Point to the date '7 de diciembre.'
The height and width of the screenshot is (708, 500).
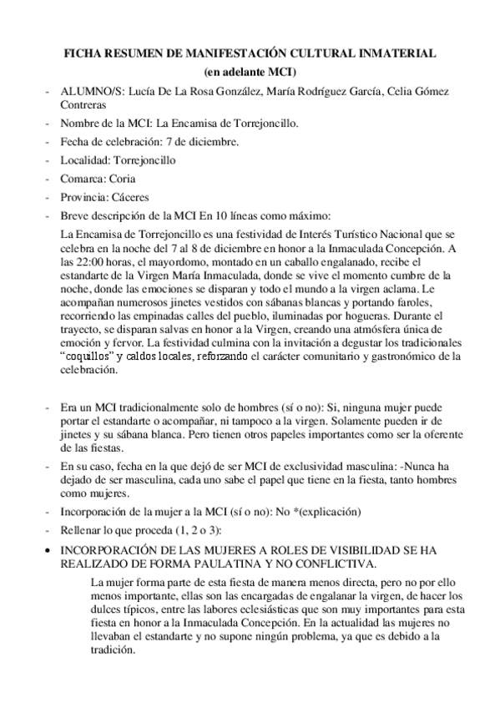pos(196,141)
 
